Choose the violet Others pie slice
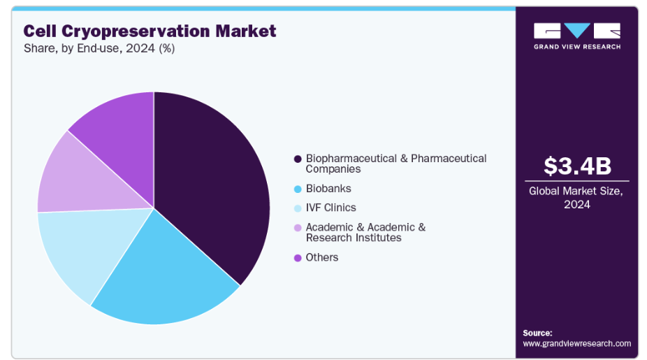click(x=119, y=126)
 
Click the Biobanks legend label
click(x=328, y=189)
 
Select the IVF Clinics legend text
click(x=330, y=208)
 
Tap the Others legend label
click(x=322, y=257)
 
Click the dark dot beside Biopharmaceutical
click(x=298, y=159)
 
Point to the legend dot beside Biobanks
click(x=298, y=189)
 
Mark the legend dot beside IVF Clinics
click(x=298, y=208)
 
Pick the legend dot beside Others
click(x=298, y=258)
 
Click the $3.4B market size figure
click(x=577, y=166)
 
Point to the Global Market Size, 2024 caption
click(x=577, y=197)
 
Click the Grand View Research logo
click(x=577, y=36)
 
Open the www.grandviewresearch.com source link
click(x=576, y=343)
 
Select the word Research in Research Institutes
click(x=328, y=238)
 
